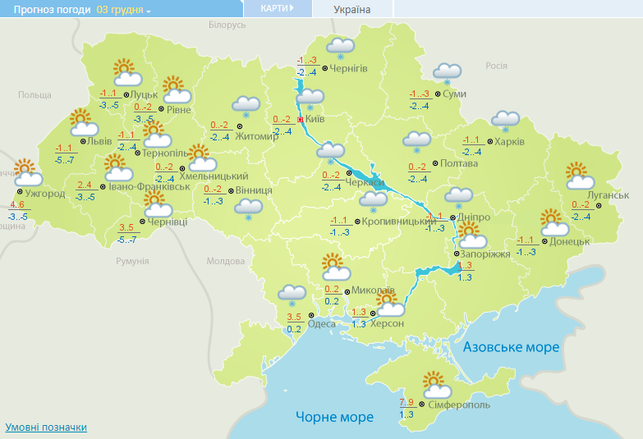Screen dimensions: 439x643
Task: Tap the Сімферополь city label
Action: point(459,405)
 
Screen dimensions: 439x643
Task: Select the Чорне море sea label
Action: point(334,417)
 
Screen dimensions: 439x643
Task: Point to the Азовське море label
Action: point(511,347)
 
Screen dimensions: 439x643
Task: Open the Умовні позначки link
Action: point(46,428)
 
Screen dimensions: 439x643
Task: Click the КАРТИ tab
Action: point(277,8)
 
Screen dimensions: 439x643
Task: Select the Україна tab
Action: point(352,10)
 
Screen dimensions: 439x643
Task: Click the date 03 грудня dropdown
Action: point(124,10)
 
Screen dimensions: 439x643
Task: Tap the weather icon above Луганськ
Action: point(580,176)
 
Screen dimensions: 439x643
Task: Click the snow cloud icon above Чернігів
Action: point(340,48)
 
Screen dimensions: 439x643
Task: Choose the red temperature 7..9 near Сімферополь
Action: point(407,402)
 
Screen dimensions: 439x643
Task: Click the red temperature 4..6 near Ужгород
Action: point(18,204)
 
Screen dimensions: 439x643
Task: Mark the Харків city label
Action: point(509,141)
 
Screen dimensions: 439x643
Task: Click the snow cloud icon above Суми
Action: point(447,74)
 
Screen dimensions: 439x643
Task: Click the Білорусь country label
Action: point(227,25)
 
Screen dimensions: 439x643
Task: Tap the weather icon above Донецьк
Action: point(554,223)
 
